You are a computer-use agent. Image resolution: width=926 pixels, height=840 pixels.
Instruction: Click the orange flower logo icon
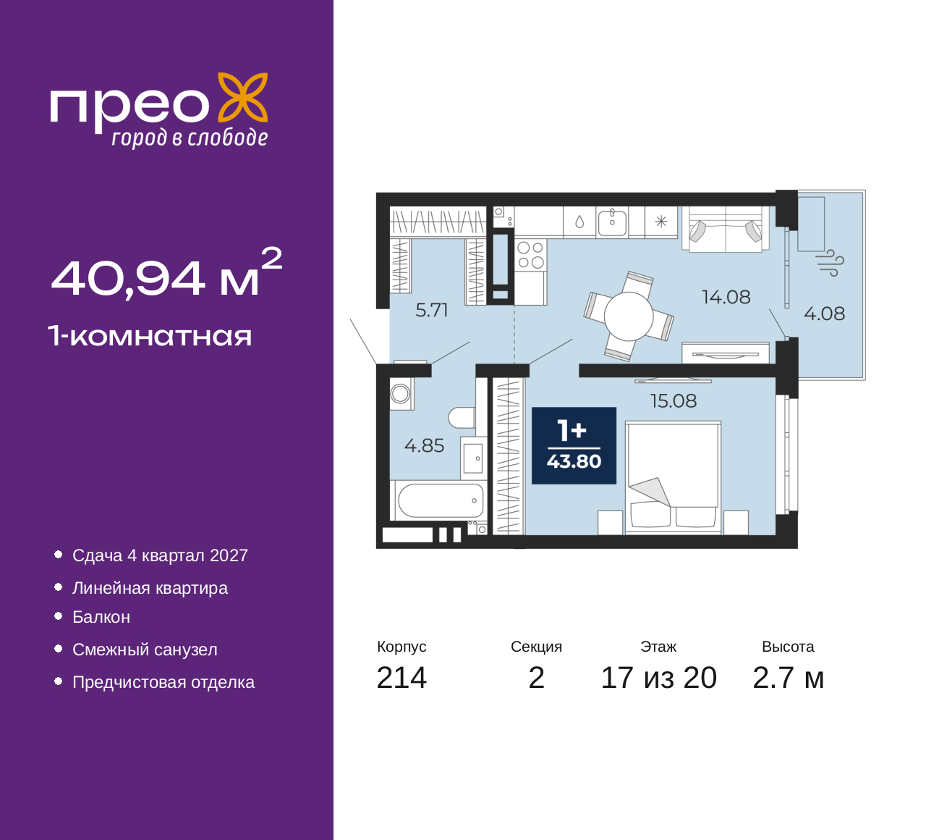tap(243, 98)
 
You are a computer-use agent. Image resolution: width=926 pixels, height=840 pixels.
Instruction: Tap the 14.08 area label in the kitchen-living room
tap(726, 297)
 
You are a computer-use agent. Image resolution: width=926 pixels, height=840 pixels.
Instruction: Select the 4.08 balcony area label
tap(825, 314)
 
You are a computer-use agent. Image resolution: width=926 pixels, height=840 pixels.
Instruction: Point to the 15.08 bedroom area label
tap(674, 400)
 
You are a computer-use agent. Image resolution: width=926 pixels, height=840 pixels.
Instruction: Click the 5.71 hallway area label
tap(432, 310)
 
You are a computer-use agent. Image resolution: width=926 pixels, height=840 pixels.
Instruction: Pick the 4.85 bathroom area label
tap(424, 446)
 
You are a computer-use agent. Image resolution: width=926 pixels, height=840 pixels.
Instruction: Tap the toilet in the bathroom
tap(462, 418)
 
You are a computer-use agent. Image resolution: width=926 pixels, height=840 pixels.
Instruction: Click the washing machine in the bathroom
tap(401, 394)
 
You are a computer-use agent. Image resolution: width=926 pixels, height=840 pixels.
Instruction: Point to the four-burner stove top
tap(530, 255)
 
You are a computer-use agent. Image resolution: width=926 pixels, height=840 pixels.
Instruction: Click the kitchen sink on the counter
tap(612, 222)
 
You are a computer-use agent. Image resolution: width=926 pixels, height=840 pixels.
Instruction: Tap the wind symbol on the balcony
tap(830, 263)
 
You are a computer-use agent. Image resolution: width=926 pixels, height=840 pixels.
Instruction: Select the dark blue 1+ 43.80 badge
tap(574, 445)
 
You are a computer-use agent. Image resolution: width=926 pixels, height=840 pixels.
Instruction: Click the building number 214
tap(402, 678)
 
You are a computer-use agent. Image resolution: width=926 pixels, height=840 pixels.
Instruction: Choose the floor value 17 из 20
tap(659, 678)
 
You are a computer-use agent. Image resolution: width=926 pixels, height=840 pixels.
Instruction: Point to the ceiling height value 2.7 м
tap(788, 678)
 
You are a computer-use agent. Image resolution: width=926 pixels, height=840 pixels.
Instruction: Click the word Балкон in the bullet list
tap(101, 617)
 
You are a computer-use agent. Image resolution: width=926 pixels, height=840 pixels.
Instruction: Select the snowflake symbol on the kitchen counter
tap(661, 222)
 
